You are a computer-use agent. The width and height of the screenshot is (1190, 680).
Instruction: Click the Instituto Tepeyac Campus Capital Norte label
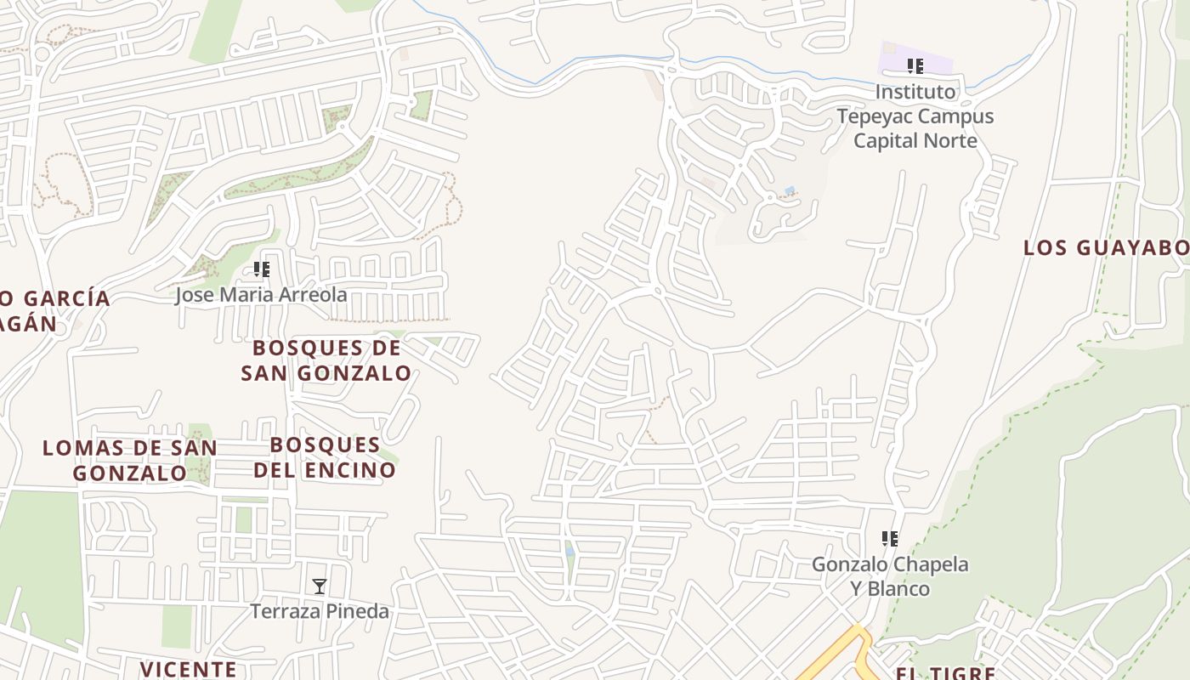(x=915, y=116)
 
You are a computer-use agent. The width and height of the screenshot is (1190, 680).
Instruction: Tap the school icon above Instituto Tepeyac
(x=915, y=66)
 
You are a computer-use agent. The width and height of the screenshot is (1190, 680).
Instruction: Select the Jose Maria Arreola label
(x=261, y=295)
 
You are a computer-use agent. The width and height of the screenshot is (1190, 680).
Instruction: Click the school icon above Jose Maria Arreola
(x=262, y=270)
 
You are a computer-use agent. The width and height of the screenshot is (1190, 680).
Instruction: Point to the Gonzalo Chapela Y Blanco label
(x=890, y=575)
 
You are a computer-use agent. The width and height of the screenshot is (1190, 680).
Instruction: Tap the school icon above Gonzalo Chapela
(x=890, y=539)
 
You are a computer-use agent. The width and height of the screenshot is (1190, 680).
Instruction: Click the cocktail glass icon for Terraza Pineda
(x=319, y=586)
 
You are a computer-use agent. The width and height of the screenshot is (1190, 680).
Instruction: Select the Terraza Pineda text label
(x=320, y=611)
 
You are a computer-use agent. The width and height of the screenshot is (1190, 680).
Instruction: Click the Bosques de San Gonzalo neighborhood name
(x=326, y=360)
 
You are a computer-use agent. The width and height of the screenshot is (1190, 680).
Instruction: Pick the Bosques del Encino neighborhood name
(x=325, y=456)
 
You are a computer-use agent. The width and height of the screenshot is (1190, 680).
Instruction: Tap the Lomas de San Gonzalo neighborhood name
(x=130, y=460)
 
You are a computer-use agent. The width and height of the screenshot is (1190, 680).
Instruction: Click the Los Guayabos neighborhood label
(x=1105, y=248)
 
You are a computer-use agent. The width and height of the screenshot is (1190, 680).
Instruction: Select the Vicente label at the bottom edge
(x=189, y=669)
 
